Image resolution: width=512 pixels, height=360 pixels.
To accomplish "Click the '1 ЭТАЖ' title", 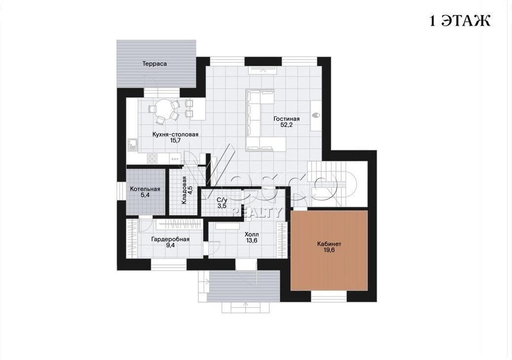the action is pyautogui.click(x=459, y=21).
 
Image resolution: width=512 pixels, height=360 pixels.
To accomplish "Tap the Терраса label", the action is pyautogui.click(x=154, y=64).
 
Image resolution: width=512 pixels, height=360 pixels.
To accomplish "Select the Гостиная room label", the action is pyautogui.click(x=287, y=119).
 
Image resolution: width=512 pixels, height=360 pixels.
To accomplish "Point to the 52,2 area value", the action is pyautogui.click(x=287, y=125).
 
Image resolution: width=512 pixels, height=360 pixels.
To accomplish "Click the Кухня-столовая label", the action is pyautogui.click(x=175, y=134).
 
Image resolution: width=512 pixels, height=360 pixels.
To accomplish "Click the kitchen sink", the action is pyautogui.click(x=133, y=144).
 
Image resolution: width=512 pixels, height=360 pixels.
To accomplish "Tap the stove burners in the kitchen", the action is pyautogui.click(x=152, y=159).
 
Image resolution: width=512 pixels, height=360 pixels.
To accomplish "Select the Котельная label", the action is pyautogui.click(x=145, y=189).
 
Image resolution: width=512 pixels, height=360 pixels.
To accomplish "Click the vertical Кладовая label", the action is pyautogui.click(x=184, y=190).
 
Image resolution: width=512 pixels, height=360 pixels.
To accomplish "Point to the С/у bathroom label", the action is pyautogui.click(x=221, y=200).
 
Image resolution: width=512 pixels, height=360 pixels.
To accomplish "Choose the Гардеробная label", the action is pyautogui.click(x=170, y=239).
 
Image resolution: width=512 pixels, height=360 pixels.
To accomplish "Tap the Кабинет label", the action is pyautogui.click(x=329, y=244).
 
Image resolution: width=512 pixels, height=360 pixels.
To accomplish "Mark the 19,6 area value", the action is pyautogui.click(x=329, y=251).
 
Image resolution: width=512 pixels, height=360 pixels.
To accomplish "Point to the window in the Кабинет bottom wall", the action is pyautogui.click(x=329, y=296).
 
